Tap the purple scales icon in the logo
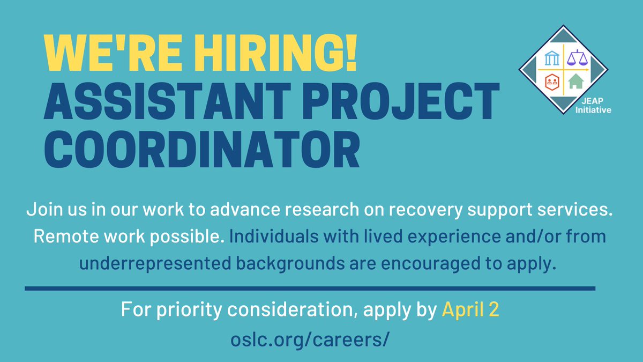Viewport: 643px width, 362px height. click(578, 57)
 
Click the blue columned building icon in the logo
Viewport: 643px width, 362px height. click(552, 58)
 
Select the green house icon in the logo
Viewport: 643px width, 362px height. click(575, 82)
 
